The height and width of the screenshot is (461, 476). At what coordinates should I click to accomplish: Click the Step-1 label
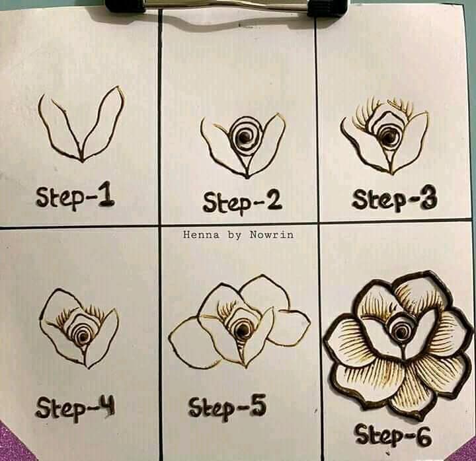click(75, 196)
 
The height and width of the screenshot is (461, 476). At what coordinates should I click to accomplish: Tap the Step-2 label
click(242, 201)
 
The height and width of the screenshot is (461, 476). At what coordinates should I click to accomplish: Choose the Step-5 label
click(227, 406)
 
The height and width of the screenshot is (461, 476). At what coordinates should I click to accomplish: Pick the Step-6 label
click(394, 435)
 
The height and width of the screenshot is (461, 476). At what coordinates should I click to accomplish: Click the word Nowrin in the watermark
click(272, 234)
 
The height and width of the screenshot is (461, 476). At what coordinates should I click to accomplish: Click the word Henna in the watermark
click(201, 234)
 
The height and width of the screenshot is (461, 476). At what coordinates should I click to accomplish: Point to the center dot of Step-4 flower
click(83, 336)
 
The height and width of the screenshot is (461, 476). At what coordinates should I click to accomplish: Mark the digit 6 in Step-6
click(424, 437)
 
